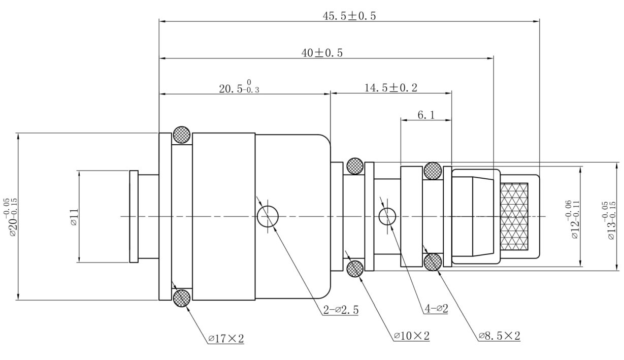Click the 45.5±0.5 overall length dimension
(349, 16)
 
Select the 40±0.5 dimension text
(322, 53)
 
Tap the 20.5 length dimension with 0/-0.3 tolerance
(239, 87)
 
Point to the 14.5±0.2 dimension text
(391, 88)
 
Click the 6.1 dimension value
(426, 115)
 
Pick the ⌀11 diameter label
(74, 217)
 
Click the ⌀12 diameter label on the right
(572, 219)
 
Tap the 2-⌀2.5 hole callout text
(341, 310)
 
